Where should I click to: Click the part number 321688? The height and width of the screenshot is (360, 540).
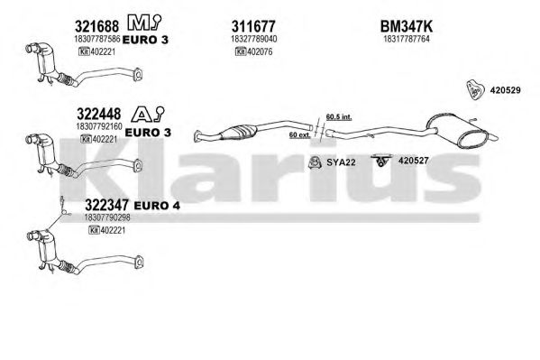point(96,26)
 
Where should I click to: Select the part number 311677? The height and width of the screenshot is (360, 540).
point(253,26)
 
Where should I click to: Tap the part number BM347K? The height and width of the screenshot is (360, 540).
point(406,26)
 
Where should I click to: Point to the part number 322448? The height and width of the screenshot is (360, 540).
point(99,114)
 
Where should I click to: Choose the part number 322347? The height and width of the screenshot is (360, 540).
point(106,205)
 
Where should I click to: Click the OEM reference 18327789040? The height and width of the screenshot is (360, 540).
point(253,39)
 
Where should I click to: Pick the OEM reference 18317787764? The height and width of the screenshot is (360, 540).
point(407,39)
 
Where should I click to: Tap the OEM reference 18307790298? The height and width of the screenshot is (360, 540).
point(107,217)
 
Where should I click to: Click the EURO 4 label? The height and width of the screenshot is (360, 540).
point(157,206)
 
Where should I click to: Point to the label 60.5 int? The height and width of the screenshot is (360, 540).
point(339,117)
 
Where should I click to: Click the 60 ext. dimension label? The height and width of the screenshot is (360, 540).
point(299,134)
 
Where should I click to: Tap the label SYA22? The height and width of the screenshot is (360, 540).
point(341,162)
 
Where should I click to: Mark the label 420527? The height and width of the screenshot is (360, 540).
point(413,161)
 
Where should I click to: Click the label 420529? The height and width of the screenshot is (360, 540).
point(505,90)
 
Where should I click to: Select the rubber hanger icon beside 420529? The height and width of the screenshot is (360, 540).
point(474,89)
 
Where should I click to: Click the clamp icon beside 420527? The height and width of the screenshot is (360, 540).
point(381,161)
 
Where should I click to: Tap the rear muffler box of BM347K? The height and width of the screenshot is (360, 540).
point(457,130)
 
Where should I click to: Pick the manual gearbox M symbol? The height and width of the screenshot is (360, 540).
point(139,23)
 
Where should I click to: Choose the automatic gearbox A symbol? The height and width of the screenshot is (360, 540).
point(142,115)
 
